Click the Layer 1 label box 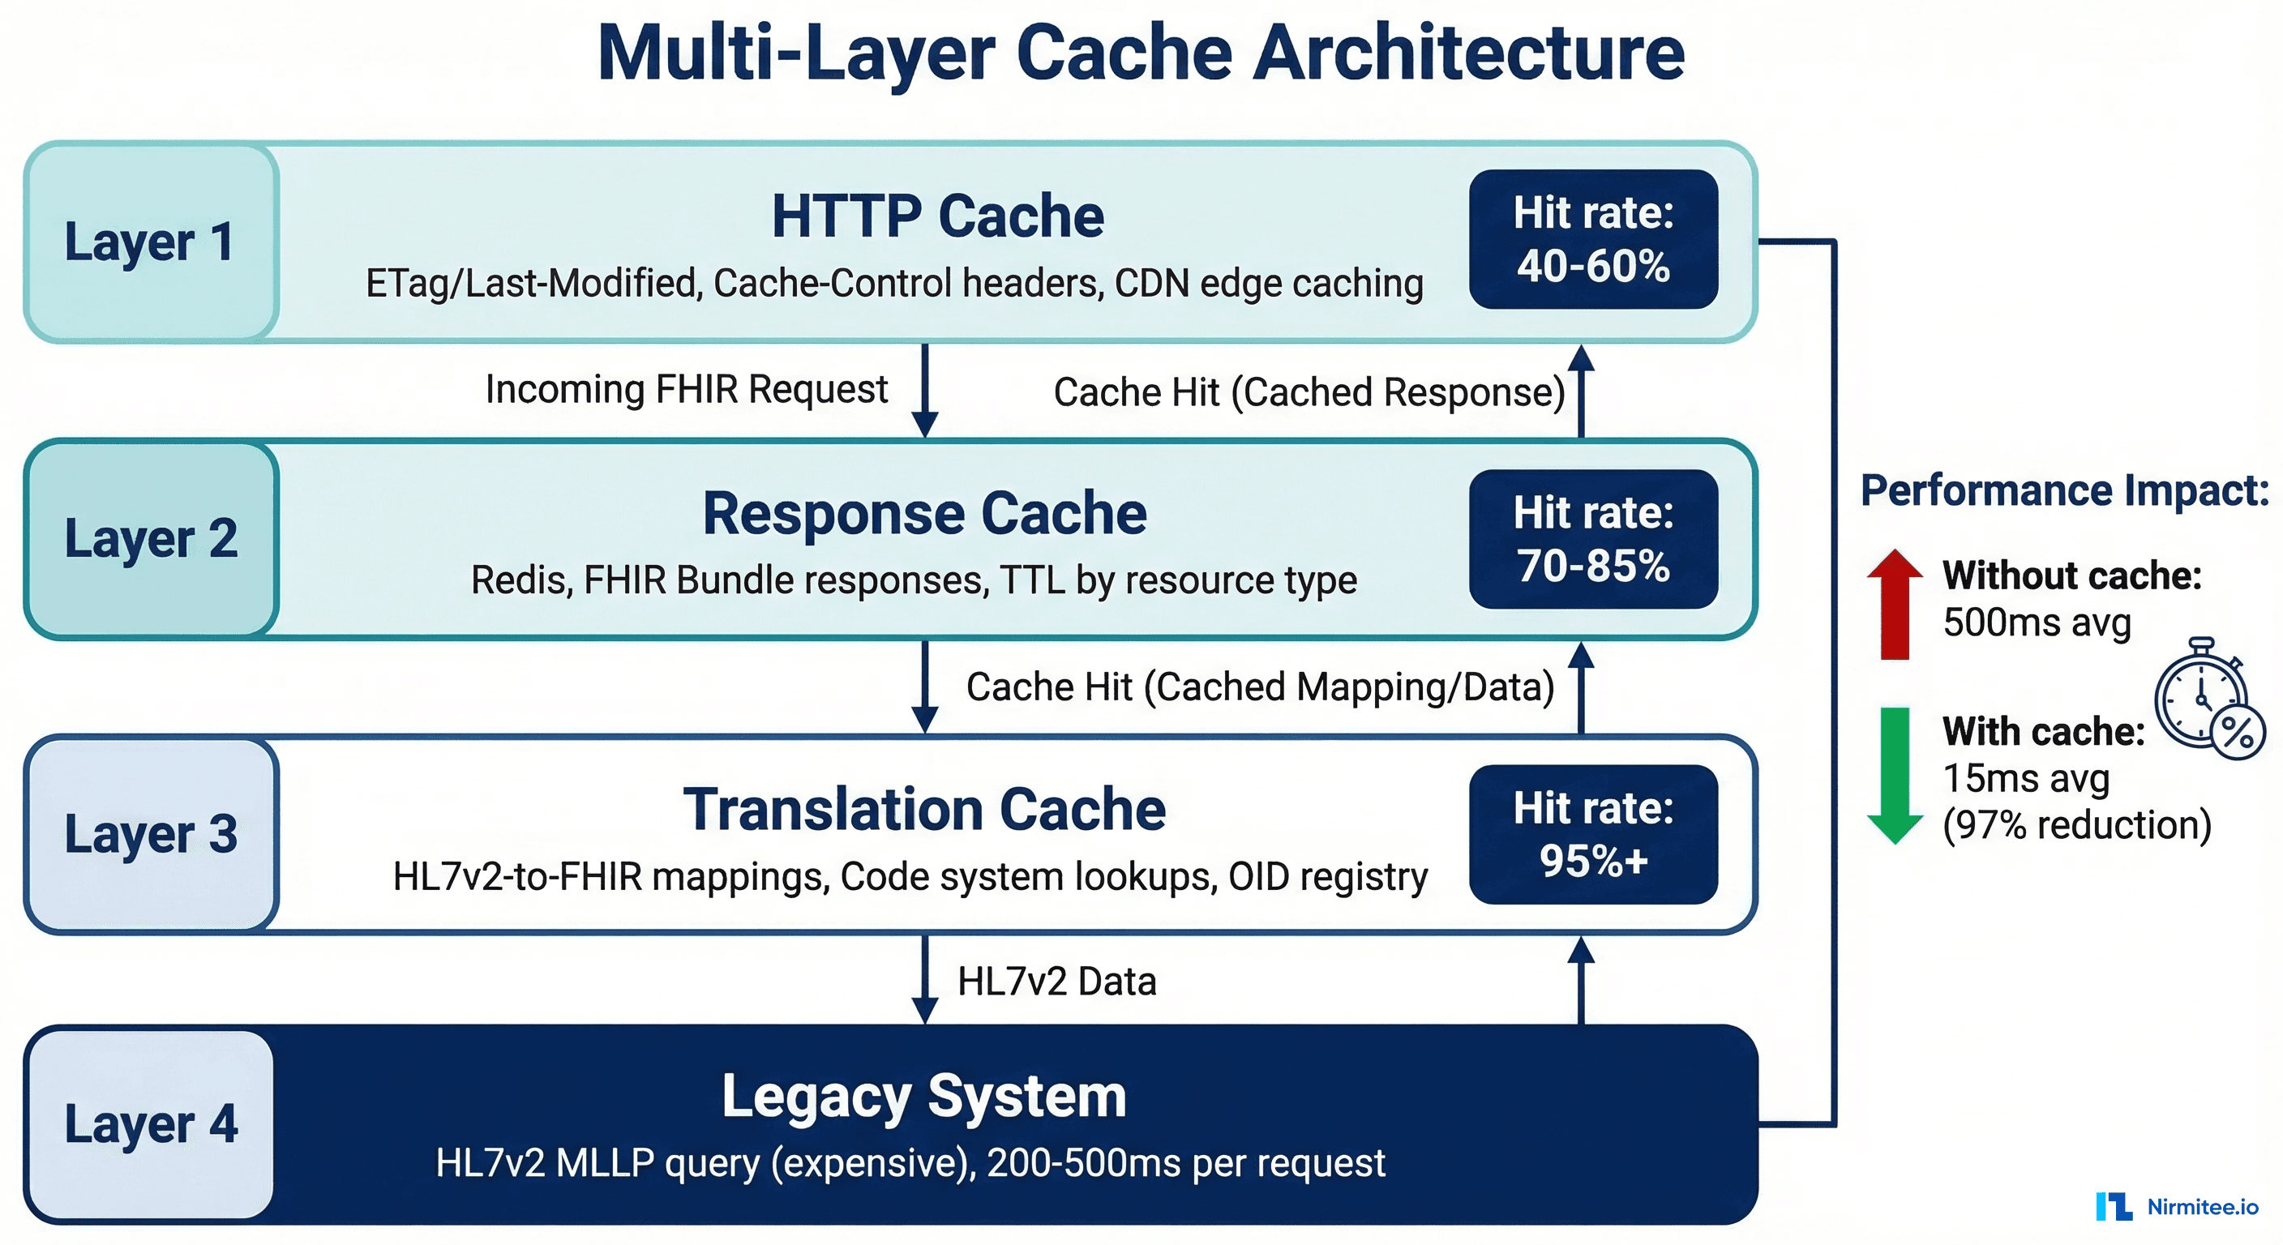point(151,242)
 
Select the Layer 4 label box point(151,1123)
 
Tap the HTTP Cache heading point(938,216)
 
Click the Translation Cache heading point(924,809)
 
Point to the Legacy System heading point(924,1096)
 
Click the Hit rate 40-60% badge point(1592,239)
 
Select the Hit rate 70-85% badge point(1592,539)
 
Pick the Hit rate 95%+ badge point(1592,834)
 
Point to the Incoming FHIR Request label point(686,389)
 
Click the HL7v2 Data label point(1056,981)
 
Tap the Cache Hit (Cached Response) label point(1309,392)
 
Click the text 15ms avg point(2025,778)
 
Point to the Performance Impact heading point(2064,490)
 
